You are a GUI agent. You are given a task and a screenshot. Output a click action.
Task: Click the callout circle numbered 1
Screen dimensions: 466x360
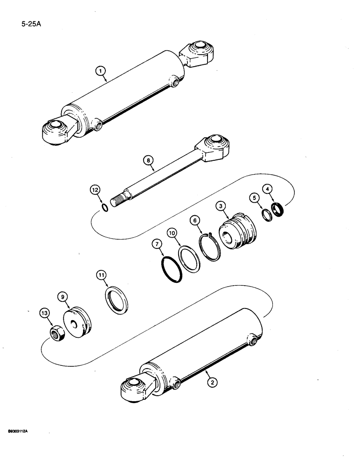point(99,71)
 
